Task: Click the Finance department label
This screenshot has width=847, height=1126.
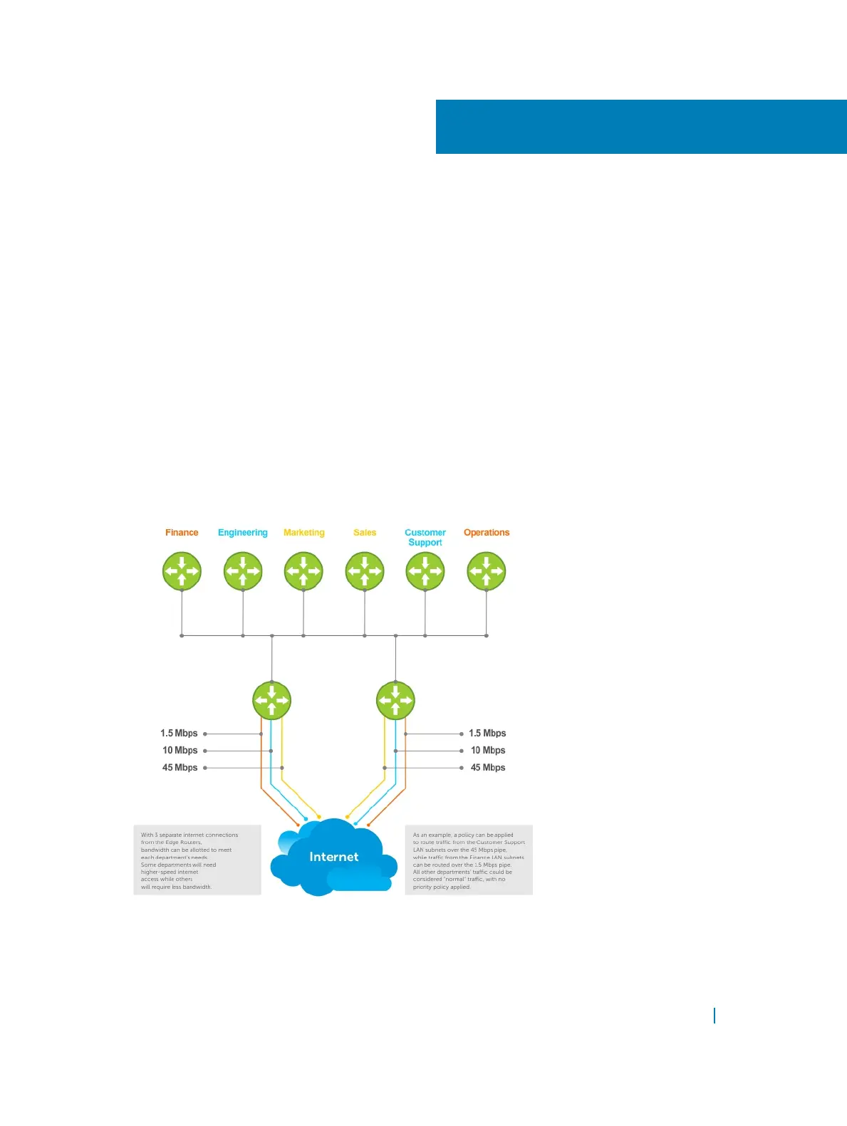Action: tap(182, 533)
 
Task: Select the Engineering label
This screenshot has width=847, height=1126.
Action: tap(243, 533)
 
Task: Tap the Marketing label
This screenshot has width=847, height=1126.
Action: tap(304, 533)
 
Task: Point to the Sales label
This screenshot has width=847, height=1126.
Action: tap(365, 533)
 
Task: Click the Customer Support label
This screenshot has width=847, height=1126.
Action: tap(425, 538)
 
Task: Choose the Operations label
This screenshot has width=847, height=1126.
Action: tap(487, 533)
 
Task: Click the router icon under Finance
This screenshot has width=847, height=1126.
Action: tap(182, 571)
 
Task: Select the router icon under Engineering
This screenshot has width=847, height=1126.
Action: tap(243, 571)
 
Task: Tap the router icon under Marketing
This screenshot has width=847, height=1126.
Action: tap(303, 571)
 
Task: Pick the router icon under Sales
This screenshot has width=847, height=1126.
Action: tap(365, 571)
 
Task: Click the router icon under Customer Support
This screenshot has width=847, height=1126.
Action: tap(425, 571)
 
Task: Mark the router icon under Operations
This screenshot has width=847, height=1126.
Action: tap(487, 571)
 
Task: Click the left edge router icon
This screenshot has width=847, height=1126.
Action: tap(272, 701)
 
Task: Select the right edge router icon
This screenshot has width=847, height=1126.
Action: tap(395, 701)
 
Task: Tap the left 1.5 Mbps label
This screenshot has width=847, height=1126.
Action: tap(179, 734)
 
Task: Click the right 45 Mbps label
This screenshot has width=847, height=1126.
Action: tap(488, 768)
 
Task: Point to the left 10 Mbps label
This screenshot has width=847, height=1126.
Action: tap(180, 751)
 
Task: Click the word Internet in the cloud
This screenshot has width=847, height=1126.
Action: tap(334, 857)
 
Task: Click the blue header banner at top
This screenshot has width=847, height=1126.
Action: tap(641, 127)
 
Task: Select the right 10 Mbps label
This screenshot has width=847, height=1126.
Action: tap(488, 751)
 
